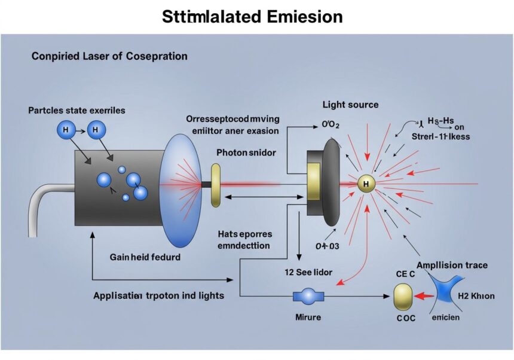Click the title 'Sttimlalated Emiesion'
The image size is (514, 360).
tap(252, 16)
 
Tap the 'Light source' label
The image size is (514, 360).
tap(350, 105)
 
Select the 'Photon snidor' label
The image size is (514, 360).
tap(246, 152)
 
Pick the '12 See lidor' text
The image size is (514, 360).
tap(307, 271)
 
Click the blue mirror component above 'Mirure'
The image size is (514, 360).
tap(308, 295)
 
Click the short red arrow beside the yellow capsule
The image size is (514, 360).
tap(424, 295)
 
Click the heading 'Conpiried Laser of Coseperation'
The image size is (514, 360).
tap(109, 56)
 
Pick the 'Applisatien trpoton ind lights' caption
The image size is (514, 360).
tap(158, 295)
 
